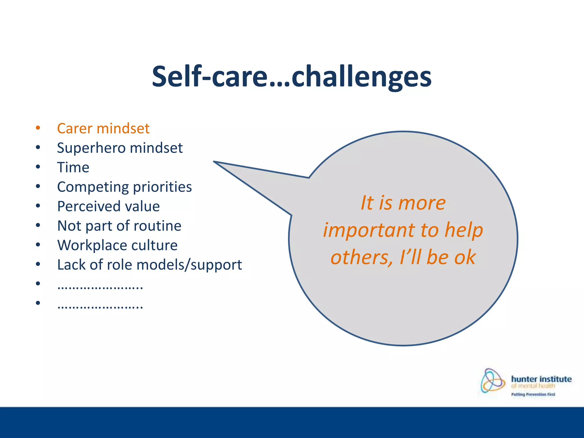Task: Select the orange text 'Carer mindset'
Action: pos(103,128)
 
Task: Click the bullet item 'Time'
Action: pos(73,167)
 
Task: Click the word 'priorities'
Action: pos(163,187)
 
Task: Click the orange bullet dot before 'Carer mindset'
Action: pos(38,128)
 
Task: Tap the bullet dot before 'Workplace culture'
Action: pos(38,245)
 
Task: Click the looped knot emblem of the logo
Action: pos(492,380)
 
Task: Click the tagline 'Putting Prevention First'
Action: pos(533,394)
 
